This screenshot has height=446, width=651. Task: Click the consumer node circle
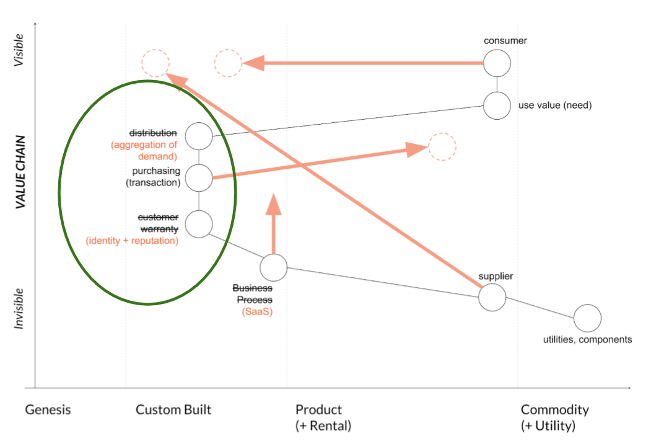(x=497, y=63)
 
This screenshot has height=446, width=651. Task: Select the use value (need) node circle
(x=497, y=105)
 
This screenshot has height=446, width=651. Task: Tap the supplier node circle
(x=492, y=297)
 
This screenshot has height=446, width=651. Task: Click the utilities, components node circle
(x=587, y=318)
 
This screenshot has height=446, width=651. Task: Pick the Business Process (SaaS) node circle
(x=273, y=267)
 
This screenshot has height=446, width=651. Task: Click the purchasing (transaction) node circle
(x=199, y=178)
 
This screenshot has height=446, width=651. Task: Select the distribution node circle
(x=199, y=136)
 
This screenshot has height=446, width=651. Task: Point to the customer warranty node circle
(x=199, y=223)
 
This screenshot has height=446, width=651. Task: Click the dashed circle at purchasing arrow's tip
(x=442, y=147)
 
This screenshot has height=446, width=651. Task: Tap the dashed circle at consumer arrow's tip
(x=229, y=63)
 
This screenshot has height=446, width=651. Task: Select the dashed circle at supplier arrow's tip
(x=155, y=63)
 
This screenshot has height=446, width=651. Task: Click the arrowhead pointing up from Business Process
(x=273, y=205)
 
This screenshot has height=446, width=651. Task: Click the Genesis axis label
(x=48, y=409)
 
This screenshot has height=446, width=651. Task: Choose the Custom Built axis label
(x=173, y=409)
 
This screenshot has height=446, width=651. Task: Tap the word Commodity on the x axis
(x=554, y=409)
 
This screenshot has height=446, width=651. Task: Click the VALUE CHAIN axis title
(x=20, y=171)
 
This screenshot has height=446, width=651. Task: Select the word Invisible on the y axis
(x=20, y=308)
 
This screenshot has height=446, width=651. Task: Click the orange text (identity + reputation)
(x=132, y=240)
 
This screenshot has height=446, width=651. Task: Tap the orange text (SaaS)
(x=257, y=312)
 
